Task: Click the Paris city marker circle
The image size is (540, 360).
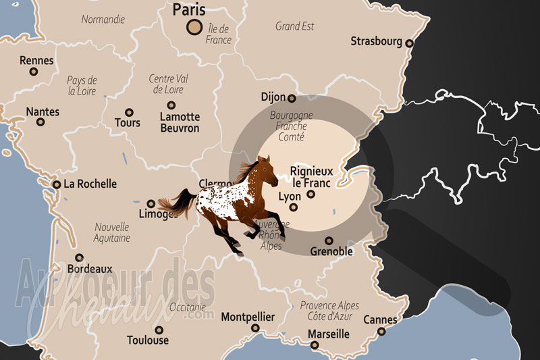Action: [x=194, y=27]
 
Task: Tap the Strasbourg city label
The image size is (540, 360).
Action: [x=376, y=42]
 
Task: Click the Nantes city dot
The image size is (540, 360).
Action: [x=40, y=122]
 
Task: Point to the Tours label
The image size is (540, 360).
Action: [x=128, y=123]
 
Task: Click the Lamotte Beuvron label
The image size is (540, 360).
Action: [x=180, y=122]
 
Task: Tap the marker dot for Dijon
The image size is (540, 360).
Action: [x=292, y=99]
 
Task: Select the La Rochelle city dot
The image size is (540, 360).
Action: [x=57, y=184]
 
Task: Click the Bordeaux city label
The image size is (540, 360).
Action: [x=90, y=268]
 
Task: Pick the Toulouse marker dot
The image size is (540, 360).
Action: [x=159, y=330]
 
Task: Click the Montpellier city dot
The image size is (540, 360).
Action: [x=255, y=328]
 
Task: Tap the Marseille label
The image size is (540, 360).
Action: [x=328, y=334]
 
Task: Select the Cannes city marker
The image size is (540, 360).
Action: [x=381, y=331]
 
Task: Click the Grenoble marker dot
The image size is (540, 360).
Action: [x=329, y=240]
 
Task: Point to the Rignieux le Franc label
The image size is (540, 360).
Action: [x=311, y=176]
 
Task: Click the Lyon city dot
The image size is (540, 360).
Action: [x=311, y=195]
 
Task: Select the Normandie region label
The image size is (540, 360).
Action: [x=103, y=20]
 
